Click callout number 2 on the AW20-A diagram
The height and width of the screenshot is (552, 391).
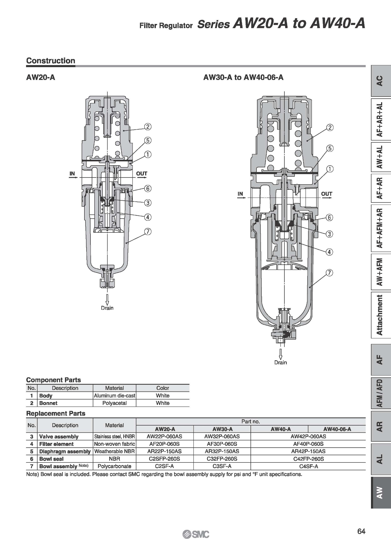tap(148, 127)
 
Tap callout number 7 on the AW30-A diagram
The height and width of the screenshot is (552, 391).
tap(329, 273)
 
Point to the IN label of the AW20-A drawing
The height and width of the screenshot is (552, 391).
tap(72, 174)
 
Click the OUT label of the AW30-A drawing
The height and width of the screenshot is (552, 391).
tap(327, 194)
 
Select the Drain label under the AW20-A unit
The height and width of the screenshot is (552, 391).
tap(107, 308)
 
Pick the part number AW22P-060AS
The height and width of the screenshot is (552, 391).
tap(164, 436)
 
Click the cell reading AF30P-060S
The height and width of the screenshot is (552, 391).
tap(222, 444)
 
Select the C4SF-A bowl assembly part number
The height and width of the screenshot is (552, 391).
tap(308, 466)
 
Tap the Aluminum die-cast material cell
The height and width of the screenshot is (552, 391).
tap(114, 396)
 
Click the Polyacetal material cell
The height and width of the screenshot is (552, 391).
tap(114, 403)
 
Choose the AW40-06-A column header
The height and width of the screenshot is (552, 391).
tap(337, 429)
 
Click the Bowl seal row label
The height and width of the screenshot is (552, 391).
tap(51, 459)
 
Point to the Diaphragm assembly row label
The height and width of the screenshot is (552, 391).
tap(65, 451)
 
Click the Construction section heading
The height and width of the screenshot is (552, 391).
tap(51, 61)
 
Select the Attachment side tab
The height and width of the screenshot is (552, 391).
tap(380, 315)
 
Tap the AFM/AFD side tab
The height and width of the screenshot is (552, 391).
tap(380, 393)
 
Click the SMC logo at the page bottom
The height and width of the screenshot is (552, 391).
tap(196, 534)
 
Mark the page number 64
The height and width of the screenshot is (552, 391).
tap(361, 531)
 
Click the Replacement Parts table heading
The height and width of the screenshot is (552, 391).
tap(56, 413)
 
